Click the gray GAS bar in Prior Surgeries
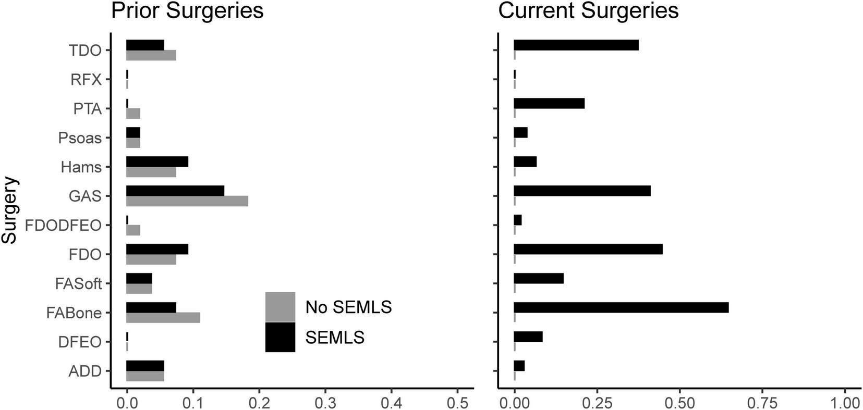coord(187,201)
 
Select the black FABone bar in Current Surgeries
coord(621,307)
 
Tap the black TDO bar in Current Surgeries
coord(576,45)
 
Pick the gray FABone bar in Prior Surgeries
coord(163,318)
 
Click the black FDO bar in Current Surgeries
coord(588,249)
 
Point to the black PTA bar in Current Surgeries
coord(549,103)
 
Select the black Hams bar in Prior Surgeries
coord(157,161)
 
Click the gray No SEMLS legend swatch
coord(280,307)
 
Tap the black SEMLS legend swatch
coord(280,337)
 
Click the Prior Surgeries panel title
coord(187,10)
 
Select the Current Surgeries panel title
coord(588,10)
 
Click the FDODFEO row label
coord(63,226)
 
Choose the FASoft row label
coord(78,284)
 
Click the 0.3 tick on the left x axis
coord(325,403)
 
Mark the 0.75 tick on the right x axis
coord(762,403)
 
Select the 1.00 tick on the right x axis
coord(845,403)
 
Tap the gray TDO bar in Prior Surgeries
coord(151,55)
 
